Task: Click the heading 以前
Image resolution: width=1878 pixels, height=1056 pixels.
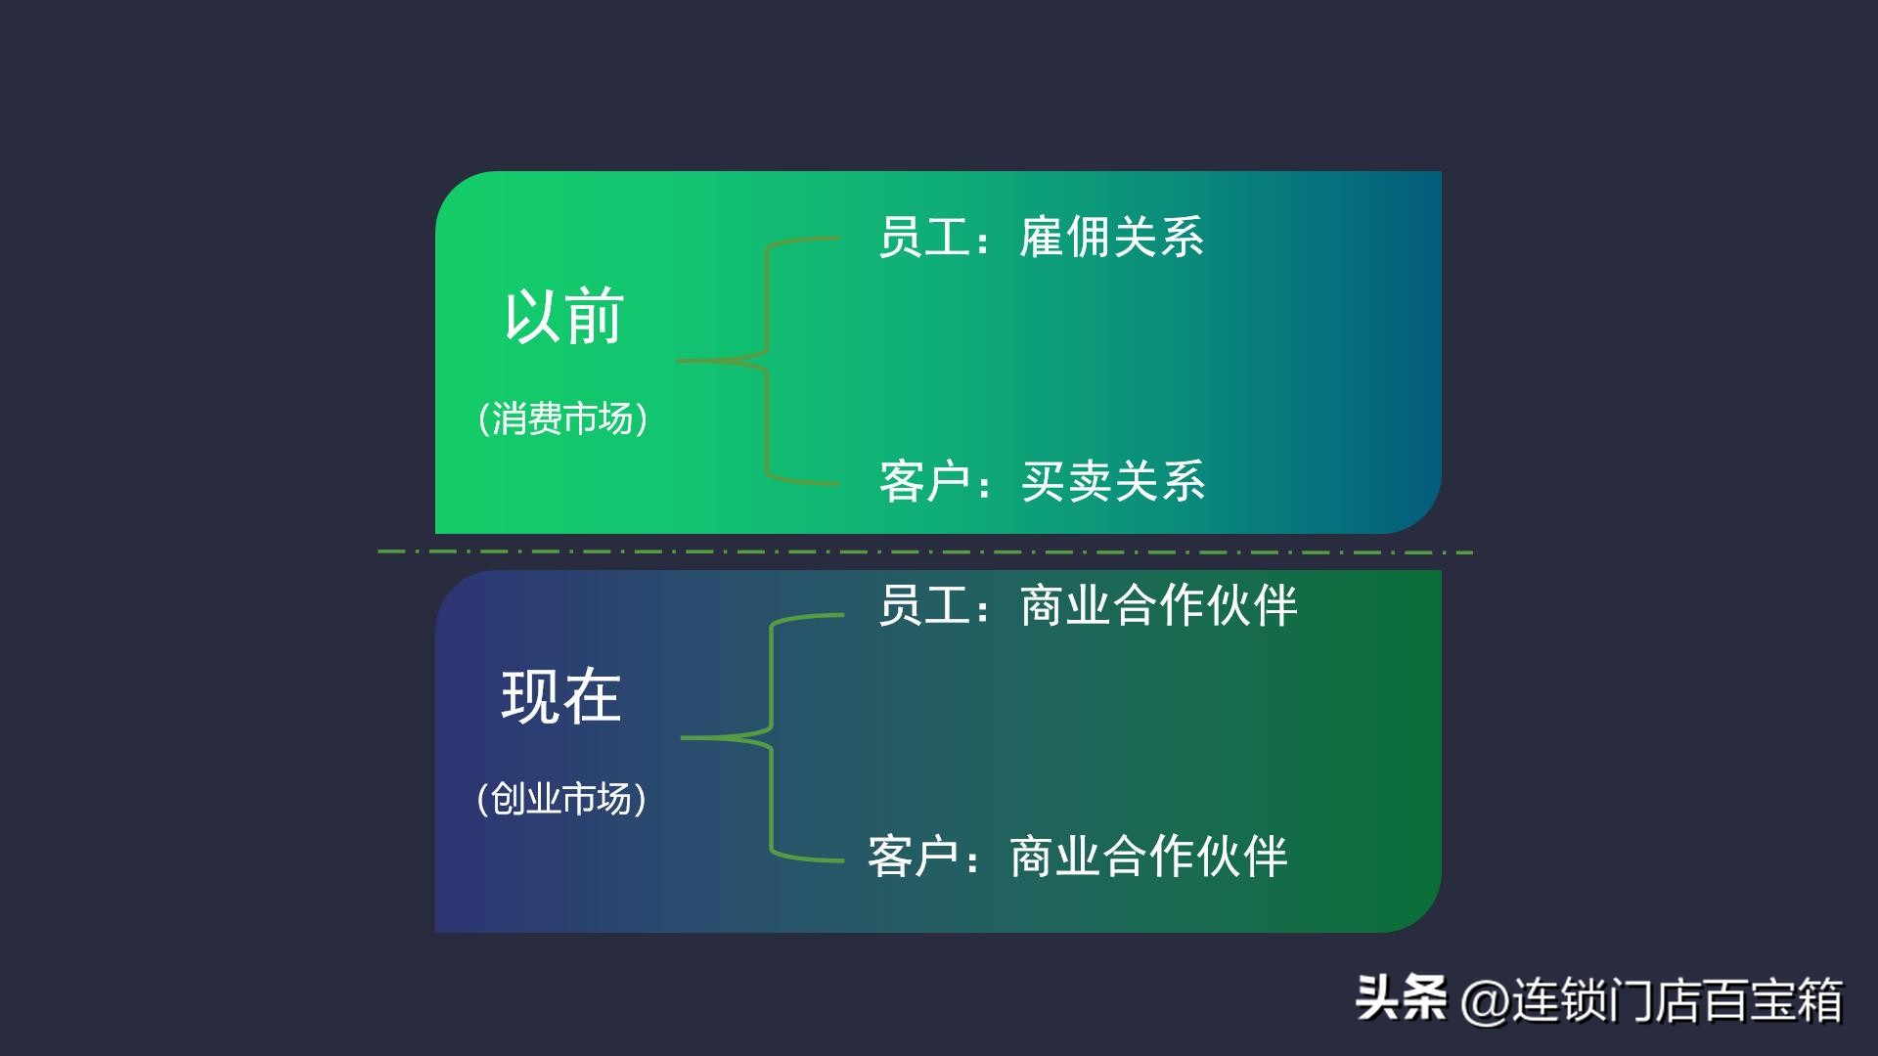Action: click(x=563, y=316)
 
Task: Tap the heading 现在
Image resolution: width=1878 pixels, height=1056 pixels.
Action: click(x=561, y=696)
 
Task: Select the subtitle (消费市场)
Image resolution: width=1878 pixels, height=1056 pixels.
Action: click(x=562, y=418)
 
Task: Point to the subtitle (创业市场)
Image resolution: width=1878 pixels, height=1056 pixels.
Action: click(x=561, y=799)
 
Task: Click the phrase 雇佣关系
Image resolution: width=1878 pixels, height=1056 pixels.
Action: click(x=1111, y=238)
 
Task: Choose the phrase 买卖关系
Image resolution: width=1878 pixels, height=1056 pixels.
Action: click(x=1113, y=481)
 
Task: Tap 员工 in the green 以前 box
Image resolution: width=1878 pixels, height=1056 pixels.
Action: click(x=923, y=238)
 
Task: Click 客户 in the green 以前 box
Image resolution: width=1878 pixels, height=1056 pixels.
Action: click(x=924, y=481)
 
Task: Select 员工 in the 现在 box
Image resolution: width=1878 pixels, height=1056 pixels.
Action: click(x=923, y=605)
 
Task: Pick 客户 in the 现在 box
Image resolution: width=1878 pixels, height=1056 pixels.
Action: click(x=913, y=857)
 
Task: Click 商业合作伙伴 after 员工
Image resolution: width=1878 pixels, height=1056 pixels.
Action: click(x=1158, y=605)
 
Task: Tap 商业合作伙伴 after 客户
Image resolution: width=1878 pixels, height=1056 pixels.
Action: click(x=1148, y=857)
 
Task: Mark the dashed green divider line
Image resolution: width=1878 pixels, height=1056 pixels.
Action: click(x=925, y=552)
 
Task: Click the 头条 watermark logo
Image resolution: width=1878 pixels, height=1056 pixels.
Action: click(x=1401, y=999)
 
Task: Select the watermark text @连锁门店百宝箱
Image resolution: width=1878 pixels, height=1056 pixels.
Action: click(x=1653, y=1000)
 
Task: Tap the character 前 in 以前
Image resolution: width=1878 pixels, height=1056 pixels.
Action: click(x=595, y=316)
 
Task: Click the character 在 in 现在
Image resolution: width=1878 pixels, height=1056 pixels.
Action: click(x=592, y=696)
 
